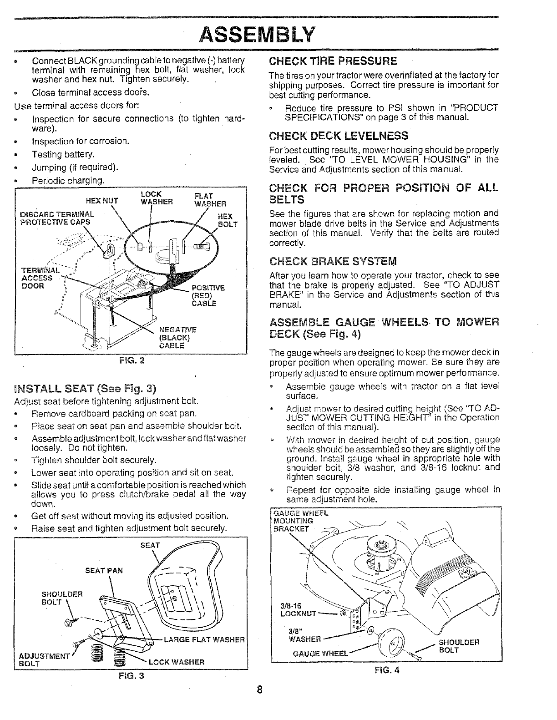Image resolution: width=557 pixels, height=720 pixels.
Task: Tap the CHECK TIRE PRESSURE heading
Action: point(333,61)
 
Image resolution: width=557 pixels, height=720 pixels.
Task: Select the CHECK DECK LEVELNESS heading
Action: point(339,136)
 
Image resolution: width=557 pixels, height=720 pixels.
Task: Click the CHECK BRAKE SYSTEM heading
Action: point(333,261)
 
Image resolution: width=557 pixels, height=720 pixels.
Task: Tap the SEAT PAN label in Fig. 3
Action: point(104,570)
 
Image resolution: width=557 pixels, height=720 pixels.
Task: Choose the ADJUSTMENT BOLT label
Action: point(36,659)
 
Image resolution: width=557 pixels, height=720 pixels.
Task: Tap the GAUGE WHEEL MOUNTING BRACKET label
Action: point(299,521)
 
